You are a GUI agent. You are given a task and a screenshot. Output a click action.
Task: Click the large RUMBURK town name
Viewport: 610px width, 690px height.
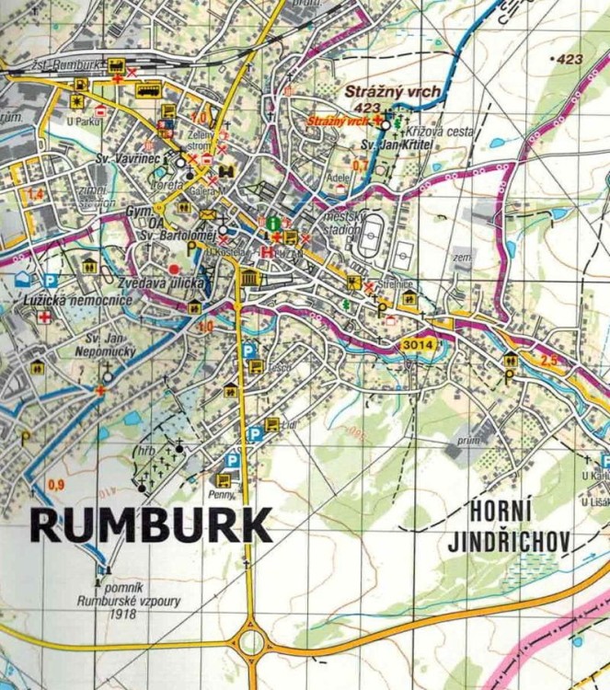coord(151,525)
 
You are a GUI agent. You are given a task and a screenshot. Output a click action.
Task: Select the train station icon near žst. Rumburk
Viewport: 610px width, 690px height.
coord(117,65)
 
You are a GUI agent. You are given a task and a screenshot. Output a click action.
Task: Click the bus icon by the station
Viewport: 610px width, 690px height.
coord(148,90)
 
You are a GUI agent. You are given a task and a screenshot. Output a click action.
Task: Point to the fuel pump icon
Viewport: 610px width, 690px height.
coord(82,86)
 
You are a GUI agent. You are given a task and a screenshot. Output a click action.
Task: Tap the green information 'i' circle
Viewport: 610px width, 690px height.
coord(273,223)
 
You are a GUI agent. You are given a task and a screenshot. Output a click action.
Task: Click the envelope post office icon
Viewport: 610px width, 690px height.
coord(207,215)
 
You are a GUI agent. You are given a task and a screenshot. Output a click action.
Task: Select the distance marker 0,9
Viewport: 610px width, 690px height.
coord(56,485)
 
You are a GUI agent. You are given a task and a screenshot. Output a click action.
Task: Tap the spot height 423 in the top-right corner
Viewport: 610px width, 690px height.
coord(570,60)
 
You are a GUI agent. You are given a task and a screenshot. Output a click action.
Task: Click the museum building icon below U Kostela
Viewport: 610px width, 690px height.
coord(247,279)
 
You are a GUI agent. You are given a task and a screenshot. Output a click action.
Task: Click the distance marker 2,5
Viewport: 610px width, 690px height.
coord(549,361)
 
